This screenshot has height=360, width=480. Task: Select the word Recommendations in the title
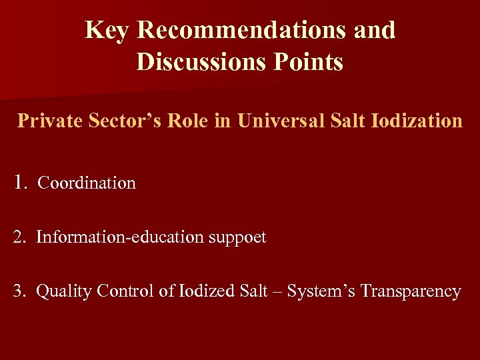tap(242, 30)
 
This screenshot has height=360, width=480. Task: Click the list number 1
tap(21, 182)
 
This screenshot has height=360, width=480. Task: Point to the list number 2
tap(19, 237)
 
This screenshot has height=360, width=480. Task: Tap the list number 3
tap(19, 291)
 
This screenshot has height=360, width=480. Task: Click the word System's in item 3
tap(321, 292)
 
